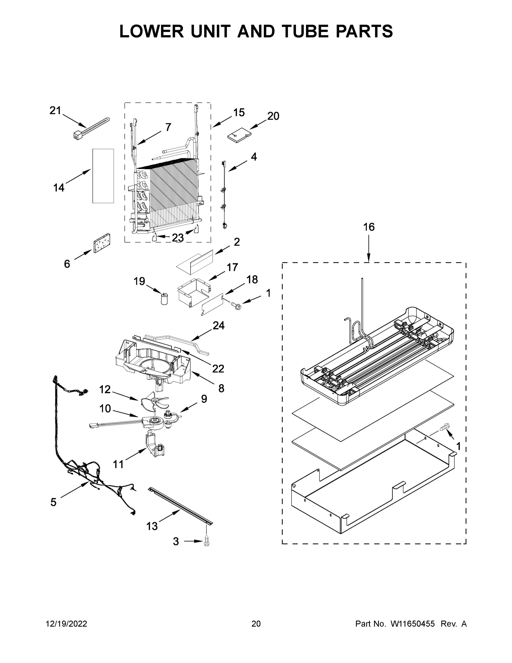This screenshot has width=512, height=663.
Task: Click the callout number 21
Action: pos(55,110)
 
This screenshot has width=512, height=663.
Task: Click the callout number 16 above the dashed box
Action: pos(368,227)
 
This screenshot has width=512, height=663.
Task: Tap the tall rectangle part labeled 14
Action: pos(103,176)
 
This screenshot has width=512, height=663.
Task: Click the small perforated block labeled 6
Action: pos(102,243)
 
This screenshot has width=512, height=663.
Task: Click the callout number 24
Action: pos(218,325)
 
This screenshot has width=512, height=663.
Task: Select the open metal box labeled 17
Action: pos(193,292)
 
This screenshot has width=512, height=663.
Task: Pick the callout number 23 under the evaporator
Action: pos(178,238)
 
